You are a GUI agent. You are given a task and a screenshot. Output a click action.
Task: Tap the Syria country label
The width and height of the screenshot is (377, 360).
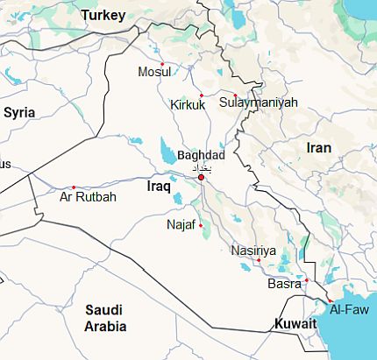19,112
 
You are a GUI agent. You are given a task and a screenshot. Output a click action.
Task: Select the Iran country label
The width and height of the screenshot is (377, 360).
318,147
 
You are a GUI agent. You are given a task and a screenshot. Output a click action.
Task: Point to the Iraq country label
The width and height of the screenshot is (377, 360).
158,187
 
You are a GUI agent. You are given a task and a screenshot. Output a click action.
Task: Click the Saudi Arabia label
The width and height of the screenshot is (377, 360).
104,318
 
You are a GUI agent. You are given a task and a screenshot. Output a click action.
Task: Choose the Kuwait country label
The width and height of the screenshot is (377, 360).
295,324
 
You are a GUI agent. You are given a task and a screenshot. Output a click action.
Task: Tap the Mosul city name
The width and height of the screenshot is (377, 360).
155,72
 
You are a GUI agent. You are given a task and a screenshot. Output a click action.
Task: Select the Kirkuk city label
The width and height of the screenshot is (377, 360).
188,105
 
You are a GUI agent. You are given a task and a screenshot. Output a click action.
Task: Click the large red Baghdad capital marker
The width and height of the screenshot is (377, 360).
201,177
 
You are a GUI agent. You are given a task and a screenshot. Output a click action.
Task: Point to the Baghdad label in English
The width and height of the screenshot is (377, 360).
201,154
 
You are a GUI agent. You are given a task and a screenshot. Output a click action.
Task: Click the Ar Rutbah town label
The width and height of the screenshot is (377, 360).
87,197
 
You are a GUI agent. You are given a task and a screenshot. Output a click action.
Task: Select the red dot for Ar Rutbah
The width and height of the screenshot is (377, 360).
74,187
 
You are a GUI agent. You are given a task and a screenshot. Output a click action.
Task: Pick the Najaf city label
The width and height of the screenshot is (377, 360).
182,225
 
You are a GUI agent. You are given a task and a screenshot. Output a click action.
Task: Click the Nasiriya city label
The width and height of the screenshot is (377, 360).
253,251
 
